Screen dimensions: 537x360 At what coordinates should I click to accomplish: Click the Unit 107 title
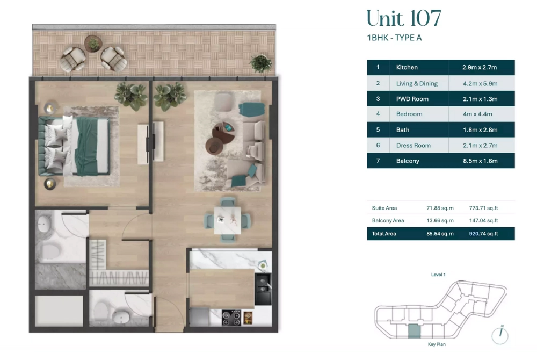[x=404, y=18]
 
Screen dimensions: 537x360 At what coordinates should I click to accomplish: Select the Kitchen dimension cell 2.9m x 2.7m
[x=480, y=68]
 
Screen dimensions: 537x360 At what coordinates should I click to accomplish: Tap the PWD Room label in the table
[x=412, y=99]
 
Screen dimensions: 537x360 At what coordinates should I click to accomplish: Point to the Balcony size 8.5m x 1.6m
[x=480, y=161]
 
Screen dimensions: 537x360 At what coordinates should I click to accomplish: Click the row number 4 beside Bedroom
[x=378, y=114]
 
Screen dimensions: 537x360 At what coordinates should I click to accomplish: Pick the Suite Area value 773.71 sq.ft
[x=484, y=208]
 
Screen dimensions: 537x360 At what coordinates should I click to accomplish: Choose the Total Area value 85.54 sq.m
[x=440, y=234]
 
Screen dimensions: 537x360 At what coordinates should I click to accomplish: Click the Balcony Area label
[x=388, y=221]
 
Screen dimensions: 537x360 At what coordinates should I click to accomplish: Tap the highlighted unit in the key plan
[x=414, y=331]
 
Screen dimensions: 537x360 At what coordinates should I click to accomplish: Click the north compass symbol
[x=500, y=335]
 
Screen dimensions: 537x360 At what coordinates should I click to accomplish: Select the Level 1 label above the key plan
[x=438, y=275]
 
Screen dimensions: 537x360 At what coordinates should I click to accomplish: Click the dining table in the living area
[x=227, y=220]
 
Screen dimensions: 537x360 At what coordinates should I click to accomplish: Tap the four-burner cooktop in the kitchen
[x=231, y=318]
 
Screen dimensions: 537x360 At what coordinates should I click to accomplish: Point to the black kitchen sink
[x=263, y=289]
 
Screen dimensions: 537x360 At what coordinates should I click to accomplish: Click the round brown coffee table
[x=214, y=146]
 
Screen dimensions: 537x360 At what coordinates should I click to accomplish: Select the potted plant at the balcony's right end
[x=261, y=64]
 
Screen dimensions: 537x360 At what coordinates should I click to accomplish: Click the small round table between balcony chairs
[x=93, y=44]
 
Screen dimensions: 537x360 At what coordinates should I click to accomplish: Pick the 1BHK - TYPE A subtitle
[x=394, y=38]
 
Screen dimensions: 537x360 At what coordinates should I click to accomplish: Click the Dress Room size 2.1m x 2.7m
[x=480, y=146]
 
